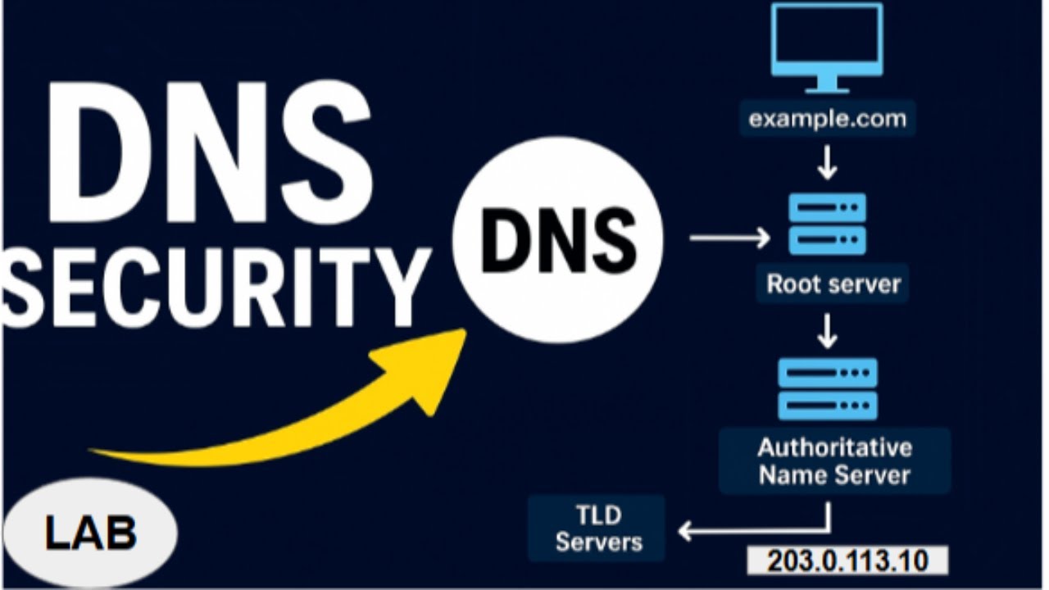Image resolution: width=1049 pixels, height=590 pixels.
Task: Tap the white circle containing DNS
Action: coord(557,239)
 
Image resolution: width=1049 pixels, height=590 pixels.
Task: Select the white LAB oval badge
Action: coord(90,533)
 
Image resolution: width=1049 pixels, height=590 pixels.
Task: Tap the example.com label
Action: coord(827,119)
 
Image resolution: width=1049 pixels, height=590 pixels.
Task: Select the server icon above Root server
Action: coord(827,224)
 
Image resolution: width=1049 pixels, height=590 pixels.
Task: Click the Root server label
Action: coord(833,284)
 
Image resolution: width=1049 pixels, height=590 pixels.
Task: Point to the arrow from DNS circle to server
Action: coord(729,238)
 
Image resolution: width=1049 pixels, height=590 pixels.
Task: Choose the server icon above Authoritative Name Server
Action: coord(827,388)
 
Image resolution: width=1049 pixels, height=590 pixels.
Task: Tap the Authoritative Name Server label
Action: coord(834,461)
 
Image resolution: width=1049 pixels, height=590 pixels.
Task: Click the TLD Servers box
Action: coord(597,529)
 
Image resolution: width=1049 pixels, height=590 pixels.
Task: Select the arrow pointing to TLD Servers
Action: coord(738,531)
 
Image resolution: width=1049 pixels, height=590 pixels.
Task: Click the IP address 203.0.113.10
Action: coord(847,561)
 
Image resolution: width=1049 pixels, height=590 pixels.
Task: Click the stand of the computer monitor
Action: coord(827,84)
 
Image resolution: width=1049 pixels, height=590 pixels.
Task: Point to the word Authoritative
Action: coord(834,447)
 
